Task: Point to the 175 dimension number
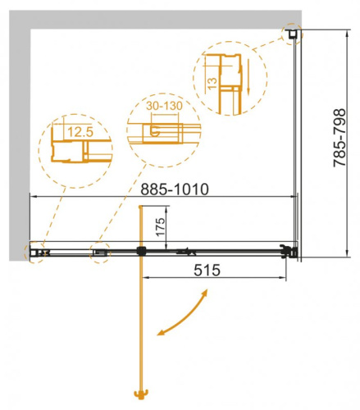coord(162,225)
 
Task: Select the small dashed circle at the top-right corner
coord(292,34)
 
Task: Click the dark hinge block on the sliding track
coord(142,250)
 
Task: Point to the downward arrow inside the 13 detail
coord(244,86)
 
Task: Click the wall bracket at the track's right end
coord(289,251)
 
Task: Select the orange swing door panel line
coord(144,328)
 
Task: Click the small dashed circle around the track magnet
coord(100,253)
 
